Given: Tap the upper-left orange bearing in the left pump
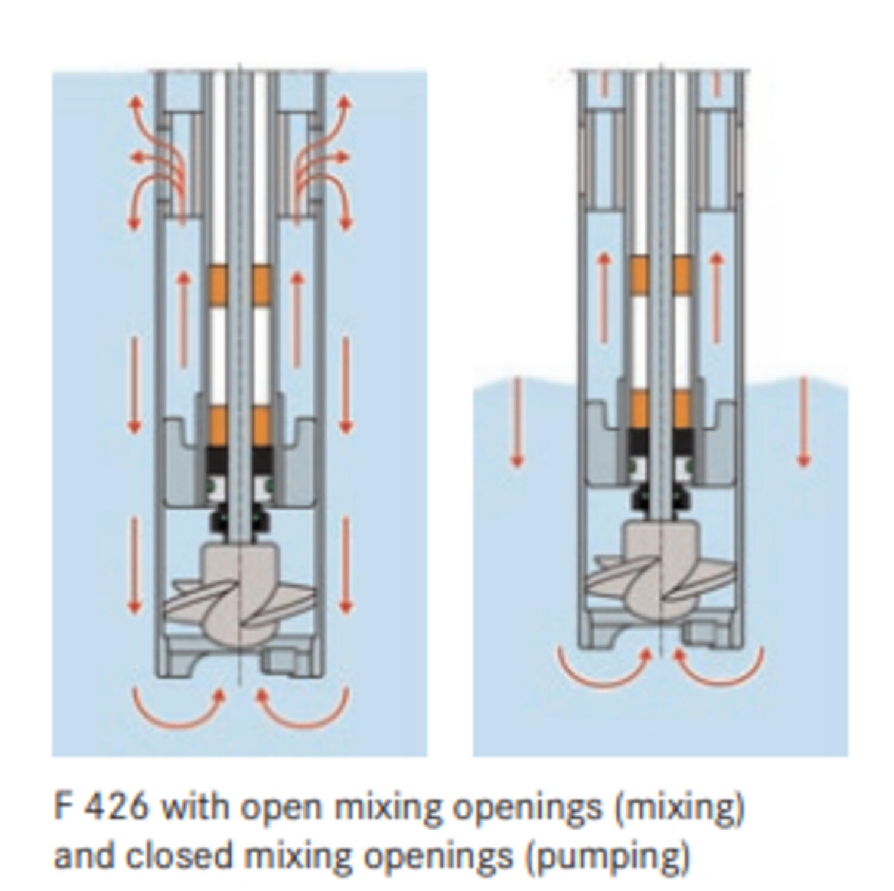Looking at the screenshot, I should (x=218, y=284).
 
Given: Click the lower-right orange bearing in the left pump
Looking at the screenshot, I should (x=262, y=424).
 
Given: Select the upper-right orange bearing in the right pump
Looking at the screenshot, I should (x=682, y=274).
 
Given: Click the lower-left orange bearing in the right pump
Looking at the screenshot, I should (x=639, y=409).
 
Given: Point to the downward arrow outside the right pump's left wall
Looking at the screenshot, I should (x=517, y=423).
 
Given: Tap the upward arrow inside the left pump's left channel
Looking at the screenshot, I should (x=184, y=319).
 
